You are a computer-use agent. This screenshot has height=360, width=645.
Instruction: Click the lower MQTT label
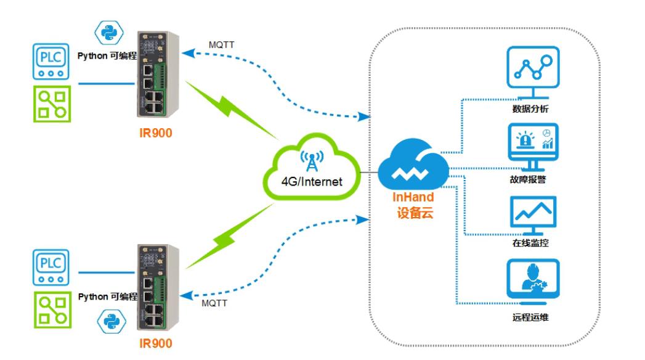213,303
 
